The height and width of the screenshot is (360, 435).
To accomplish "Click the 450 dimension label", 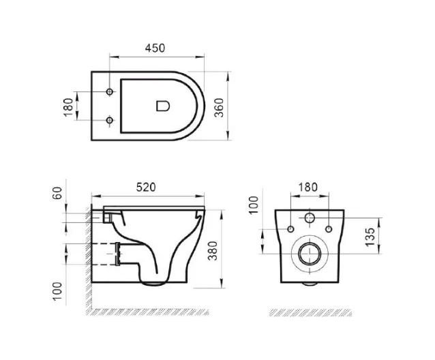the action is tap(155, 48).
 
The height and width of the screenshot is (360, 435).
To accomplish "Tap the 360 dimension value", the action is tap(219, 108).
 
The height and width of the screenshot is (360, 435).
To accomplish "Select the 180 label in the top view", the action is tap(68, 107).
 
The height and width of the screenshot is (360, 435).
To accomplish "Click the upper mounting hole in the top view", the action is tap(110, 91).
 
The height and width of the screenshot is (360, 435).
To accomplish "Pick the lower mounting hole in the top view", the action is tap(110, 120).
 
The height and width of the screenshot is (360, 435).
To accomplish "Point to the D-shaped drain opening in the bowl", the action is tap(163, 106).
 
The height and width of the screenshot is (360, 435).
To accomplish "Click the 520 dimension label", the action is tap(146, 187).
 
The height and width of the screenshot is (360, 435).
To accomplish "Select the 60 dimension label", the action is tap(57, 193).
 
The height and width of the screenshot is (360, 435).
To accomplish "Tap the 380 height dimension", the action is tap(213, 251).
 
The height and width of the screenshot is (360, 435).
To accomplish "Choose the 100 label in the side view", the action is tap(57, 291).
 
